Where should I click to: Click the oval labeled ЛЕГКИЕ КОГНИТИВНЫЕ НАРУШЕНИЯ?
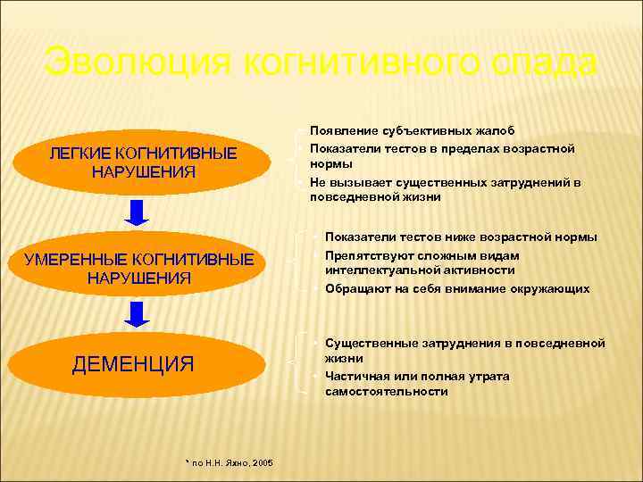[x=143, y=162]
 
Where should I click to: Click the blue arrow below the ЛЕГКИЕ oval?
[x=135, y=212]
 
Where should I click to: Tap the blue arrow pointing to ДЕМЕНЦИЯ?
[x=135, y=314]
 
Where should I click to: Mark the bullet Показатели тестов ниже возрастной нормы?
[x=461, y=237]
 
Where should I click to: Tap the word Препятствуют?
[x=368, y=255]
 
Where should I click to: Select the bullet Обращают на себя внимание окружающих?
[x=457, y=288]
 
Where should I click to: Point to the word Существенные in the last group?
[x=368, y=343]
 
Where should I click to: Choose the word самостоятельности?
[x=386, y=391]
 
